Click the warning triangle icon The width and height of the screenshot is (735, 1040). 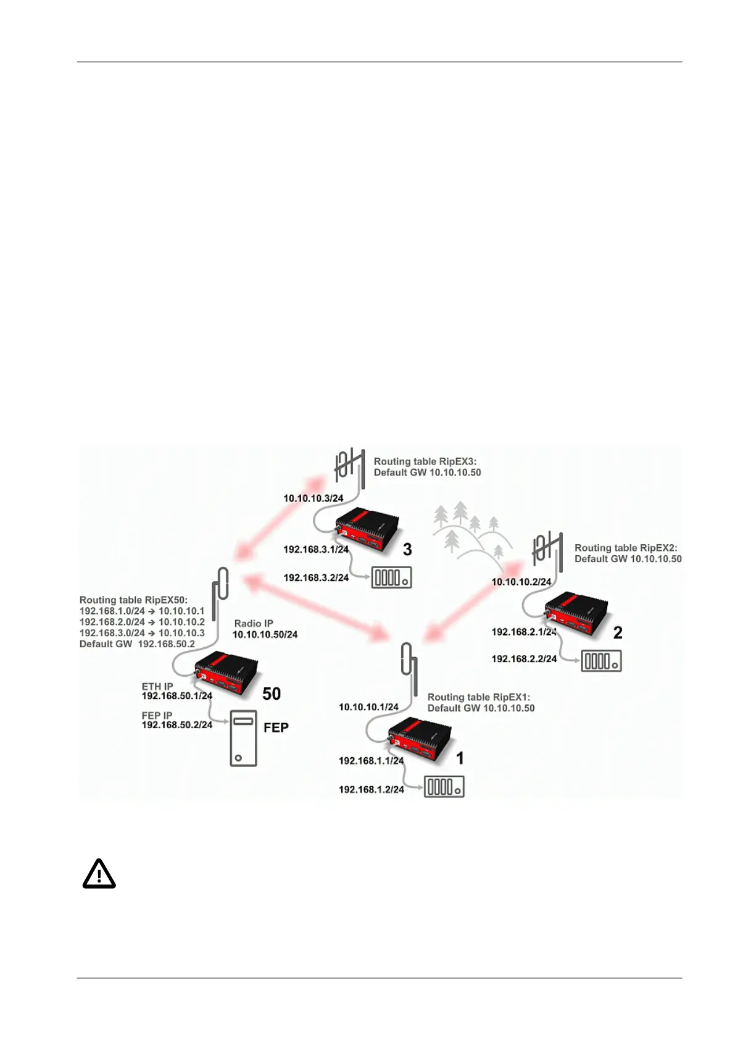(x=99, y=873)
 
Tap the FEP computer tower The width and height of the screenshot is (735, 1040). (x=243, y=738)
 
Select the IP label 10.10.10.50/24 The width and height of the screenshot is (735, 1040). (x=265, y=634)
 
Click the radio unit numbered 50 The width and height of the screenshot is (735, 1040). (x=225, y=675)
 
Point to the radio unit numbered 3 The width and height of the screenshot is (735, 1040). (x=367, y=529)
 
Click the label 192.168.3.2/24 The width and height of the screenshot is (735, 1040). (x=316, y=577)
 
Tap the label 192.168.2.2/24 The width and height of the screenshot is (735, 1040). (x=524, y=659)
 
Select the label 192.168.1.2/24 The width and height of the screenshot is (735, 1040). (x=371, y=789)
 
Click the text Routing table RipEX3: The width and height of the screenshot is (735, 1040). (x=425, y=461)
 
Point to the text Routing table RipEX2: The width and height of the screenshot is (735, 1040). (x=626, y=548)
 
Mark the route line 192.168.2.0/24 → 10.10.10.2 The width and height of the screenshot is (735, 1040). (x=142, y=622)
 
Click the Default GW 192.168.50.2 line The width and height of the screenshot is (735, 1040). (x=137, y=644)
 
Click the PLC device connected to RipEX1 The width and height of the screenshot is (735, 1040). (x=444, y=787)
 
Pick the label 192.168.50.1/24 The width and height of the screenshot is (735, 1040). (x=177, y=696)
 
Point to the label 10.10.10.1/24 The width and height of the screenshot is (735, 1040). (x=368, y=707)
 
